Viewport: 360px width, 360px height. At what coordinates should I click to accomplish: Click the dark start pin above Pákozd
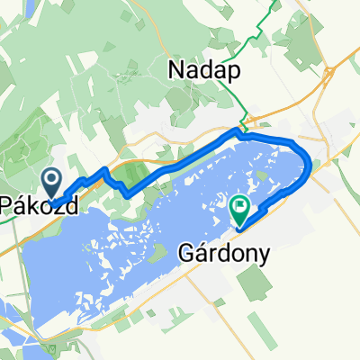[53, 183]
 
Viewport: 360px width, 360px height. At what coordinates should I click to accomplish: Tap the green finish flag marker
[240, 211]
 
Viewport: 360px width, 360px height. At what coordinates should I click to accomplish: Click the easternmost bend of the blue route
[311, 163]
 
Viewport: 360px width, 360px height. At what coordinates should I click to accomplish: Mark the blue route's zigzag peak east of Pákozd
[106, 168]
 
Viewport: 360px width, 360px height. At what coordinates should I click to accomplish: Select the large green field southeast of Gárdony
[256, 284]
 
